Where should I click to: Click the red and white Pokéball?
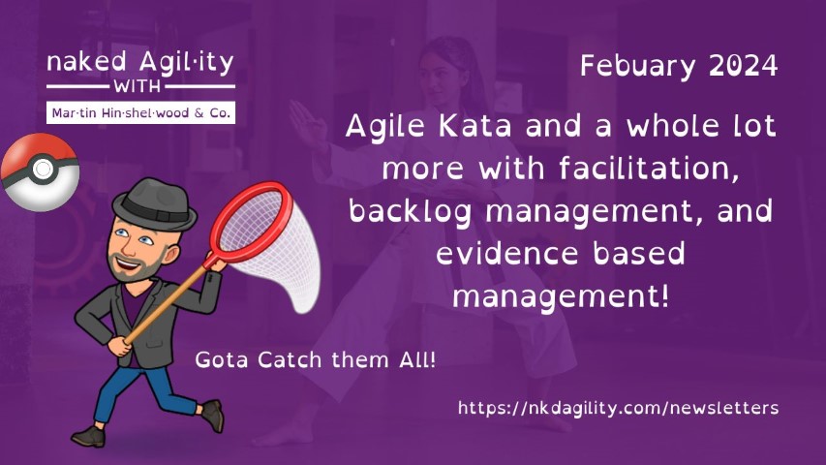click(40, 171)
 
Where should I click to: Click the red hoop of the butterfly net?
click(251, 222)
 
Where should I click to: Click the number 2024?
click(744, 65)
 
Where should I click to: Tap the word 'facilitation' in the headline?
click(649, 169)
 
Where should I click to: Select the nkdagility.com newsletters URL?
click(618, 408)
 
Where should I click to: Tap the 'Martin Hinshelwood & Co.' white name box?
click(140, 112)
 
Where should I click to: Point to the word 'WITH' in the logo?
click(137, 86)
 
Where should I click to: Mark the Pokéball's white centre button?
click(43, 170)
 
